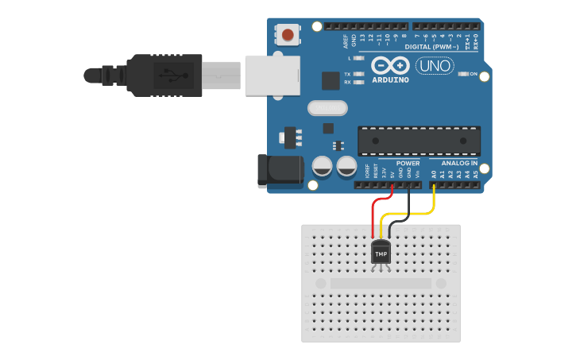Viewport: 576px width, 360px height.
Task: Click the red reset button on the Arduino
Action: (x=288, y=34)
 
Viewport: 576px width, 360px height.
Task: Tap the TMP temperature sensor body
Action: (x=381, y=254)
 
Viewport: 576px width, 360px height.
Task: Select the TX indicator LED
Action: (x=359, y=74)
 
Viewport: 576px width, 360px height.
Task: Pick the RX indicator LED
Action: (x=359, y=82)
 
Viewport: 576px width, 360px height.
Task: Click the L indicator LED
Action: (x=359, y=58)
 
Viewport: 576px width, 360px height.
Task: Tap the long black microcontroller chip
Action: (x=419, y=140)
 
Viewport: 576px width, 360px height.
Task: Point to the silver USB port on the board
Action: (x=273, y=75)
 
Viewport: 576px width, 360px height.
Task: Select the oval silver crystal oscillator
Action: (x=327, y=107)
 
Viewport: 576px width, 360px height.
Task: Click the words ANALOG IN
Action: (x=458, y=163)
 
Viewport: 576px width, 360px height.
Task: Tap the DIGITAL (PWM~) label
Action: (x=431, y=47)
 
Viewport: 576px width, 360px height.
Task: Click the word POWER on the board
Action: (x=408, y=163)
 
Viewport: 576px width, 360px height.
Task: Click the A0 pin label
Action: (x=433, y=173)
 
